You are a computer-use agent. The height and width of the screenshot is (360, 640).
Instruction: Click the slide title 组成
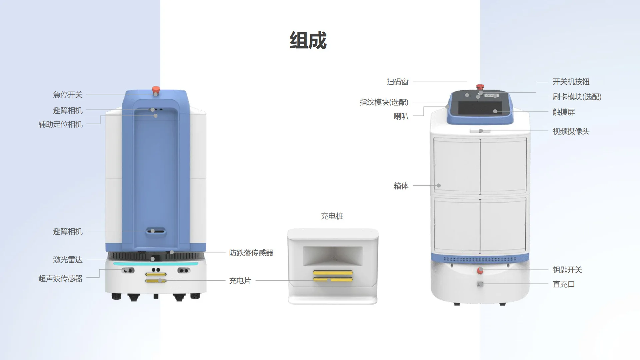click(x=308, y=41)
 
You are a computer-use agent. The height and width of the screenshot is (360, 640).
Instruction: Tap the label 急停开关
click(x=68, y=95)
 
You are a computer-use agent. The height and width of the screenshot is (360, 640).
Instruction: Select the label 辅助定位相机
click(x=60, y=124)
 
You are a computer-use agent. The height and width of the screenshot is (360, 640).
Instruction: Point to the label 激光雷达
click(x=68, y=259)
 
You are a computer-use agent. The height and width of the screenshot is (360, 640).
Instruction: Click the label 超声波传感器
click(x=60, y=278)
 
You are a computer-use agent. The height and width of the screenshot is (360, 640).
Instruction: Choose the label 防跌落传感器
click(x=251, y=253)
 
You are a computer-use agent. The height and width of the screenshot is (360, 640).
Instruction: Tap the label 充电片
click(x=240, y=281)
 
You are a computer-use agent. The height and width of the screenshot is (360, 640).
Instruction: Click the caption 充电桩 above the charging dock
click(x=332, y=216)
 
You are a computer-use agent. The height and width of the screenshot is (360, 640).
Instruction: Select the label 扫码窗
click(x=397, y=82)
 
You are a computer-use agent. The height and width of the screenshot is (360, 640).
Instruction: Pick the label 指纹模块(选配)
click(x=384, y=102)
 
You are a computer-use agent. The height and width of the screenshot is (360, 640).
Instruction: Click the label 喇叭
click(x=401, y=116)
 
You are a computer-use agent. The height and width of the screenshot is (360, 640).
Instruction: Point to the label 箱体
click(x=401, y=186)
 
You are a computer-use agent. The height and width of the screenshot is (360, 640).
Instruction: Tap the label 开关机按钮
click(x=571, y=82)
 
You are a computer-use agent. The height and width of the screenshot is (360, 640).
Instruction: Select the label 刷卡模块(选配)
click(x=577, y=97)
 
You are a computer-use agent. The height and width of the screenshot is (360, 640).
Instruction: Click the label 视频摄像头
click(x=571, y=131)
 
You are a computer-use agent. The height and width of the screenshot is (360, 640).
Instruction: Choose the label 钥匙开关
click(x=567, y=270)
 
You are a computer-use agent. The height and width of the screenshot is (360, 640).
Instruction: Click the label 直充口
click(x=564, y=284)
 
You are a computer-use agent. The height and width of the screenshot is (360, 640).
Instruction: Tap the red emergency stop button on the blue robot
click(x=156, y=89)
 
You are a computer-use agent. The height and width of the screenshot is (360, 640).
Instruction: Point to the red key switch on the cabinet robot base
click(x=480, y=270)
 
